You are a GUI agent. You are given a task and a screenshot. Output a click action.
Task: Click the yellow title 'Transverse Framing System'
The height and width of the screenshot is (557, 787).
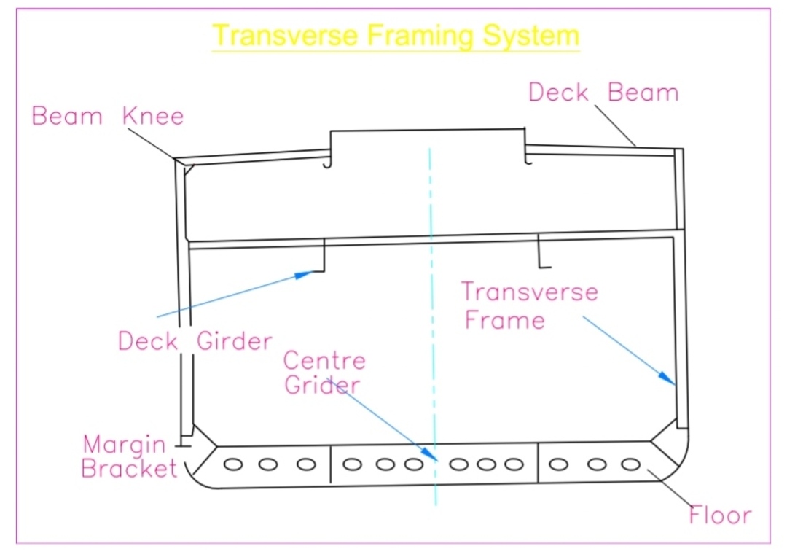[x=396, y=35]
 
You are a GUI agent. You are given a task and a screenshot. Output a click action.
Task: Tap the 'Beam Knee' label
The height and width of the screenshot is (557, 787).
[x=108, y=116]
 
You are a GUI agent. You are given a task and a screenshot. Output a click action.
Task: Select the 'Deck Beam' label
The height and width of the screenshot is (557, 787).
[x=603, y=93]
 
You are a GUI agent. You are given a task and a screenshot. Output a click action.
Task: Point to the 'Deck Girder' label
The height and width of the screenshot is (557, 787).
[x=195, y=340]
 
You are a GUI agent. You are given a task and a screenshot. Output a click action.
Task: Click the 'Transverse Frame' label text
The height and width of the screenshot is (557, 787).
[x=528, y=305]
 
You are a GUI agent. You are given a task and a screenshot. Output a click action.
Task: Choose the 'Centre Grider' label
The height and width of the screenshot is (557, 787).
[x=324, y=373]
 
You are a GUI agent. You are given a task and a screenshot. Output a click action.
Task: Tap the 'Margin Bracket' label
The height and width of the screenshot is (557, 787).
[x=128, y=456]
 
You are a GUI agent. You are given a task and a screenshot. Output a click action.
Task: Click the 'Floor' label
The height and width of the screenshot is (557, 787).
[x=719, y=515]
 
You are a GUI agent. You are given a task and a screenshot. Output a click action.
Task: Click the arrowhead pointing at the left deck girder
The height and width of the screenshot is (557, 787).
[x=307, y=274]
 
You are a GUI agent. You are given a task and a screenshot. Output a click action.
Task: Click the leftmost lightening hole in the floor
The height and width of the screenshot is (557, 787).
[x=233, y=464]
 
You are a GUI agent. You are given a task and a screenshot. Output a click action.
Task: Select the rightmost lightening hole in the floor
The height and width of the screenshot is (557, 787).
[x=630, y=464]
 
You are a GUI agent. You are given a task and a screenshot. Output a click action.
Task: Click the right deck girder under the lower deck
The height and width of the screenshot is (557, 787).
[x=541, y=253]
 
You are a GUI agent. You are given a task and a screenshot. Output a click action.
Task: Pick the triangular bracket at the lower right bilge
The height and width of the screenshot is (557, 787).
[x=665, y=444]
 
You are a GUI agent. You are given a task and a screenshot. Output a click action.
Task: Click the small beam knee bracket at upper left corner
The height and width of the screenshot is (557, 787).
[x=189, y=170]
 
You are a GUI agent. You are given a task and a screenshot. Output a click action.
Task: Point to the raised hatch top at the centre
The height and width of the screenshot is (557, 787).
[x=428, y=131]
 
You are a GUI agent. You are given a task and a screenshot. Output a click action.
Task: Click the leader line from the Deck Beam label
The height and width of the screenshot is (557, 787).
[x=616, y=126]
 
